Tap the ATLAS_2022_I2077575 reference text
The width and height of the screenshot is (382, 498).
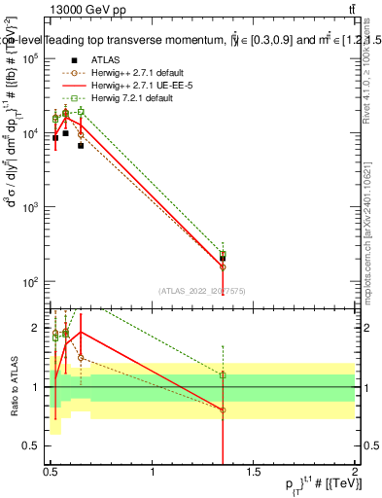202,291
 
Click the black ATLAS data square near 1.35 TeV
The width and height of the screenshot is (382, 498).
224,259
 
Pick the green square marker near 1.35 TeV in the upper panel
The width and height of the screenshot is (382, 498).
224,254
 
